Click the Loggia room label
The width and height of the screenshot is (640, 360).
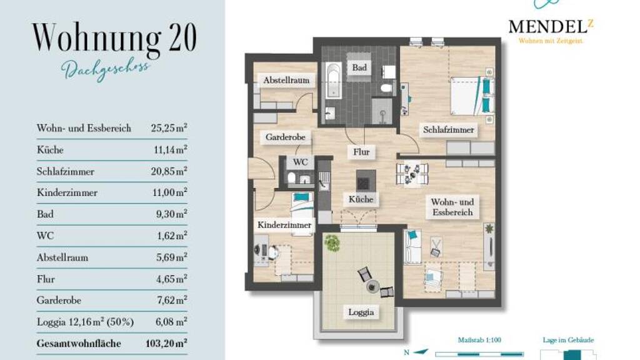pyautogui.click(x=361, y=312)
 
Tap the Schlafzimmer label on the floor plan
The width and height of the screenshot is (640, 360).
pyautogui.click(x=449, y=130)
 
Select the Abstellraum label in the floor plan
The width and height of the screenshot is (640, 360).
pyautogui.click(x=286, y=80)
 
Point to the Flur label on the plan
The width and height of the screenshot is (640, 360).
pyautogui.click(x=361, y=152)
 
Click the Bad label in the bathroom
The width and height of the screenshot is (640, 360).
pyautogui.click(x=359, y=67)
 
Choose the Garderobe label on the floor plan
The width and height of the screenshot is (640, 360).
pyautogui.click(x=285, y=137)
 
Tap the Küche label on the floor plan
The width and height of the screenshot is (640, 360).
pyautogui.click(x=361, y=199)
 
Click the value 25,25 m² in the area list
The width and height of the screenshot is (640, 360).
pyautogui.click(x=169, y=127)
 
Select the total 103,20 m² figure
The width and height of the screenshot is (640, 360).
pyautogui.click(x=166, y=343)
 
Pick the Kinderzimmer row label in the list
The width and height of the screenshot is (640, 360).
pyautogui.click(x=67, y=192)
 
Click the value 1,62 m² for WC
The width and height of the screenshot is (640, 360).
pyautogui.click(x=172, y=236)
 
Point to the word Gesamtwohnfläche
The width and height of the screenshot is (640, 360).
pyautogui.click(x=79, y=344)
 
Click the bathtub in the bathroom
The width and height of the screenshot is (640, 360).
pyautogui.click(x=334, y=81)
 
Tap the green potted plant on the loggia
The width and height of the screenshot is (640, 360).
pyautogui.click(x=332, y=243)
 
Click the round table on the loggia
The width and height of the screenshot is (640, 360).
pyautogui.click(x=372, y=286)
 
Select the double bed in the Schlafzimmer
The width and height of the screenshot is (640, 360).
pyautogui.click(x=472, y=96)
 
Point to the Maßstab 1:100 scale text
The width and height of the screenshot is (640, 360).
pyautogui.click(x=479, y=339)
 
